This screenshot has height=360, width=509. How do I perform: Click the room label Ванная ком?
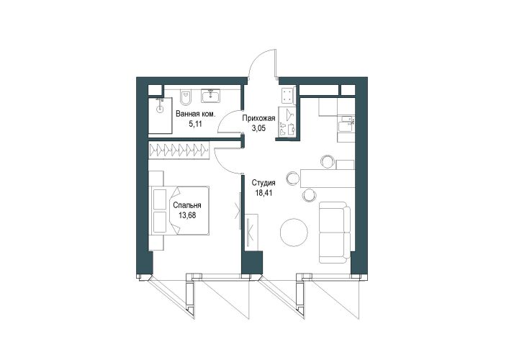(195, 114)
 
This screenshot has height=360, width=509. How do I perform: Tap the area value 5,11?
(195, 124)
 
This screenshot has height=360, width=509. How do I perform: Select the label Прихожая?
(259, 119)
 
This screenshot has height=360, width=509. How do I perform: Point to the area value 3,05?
(259, 128)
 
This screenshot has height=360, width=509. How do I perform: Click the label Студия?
(263, 183)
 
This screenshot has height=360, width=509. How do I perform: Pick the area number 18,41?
(263, 193)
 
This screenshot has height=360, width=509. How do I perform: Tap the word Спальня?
(187, 205)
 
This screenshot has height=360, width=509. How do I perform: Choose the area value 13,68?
(187, 215)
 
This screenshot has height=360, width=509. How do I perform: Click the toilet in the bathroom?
(186, 96)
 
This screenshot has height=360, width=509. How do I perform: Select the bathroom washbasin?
(211, 96)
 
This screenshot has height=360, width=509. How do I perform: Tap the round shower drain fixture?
(160, 109)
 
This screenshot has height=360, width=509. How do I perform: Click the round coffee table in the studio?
(294, 232)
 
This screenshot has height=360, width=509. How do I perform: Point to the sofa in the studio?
(335, 232)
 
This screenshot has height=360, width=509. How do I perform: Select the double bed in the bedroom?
(180, 210)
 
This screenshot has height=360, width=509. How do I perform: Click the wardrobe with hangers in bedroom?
(179, 150)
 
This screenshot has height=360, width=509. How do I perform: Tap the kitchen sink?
(346, 123)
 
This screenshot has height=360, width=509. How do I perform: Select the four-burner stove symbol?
(287, 96)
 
